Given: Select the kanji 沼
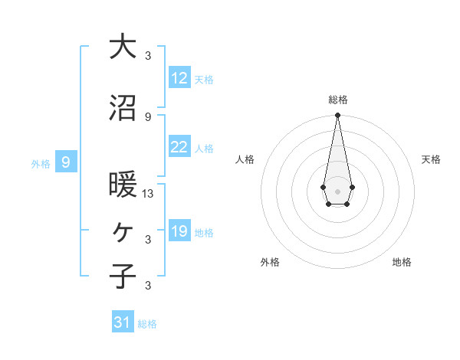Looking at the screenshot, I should coord(123,108).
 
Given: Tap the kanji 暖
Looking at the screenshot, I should coord(123,185).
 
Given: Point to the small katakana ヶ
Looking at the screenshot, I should coord(123,231).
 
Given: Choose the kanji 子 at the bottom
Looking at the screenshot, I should coord(123,276).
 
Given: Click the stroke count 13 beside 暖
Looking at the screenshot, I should coord(148,194).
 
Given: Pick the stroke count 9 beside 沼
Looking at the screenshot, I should coord(148,116).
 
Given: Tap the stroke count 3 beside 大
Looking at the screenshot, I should coord(148,55).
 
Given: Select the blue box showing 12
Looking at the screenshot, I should coord(179,78).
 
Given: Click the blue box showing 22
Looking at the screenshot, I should coord(179,147).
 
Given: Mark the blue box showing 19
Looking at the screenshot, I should coord(179,231).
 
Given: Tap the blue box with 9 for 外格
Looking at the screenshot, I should coord(67,162).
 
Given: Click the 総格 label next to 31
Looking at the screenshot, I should coord(147,324).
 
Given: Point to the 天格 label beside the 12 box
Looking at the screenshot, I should coord(204,80).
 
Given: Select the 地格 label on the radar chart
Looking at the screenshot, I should coord(402,262).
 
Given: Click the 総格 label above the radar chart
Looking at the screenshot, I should coord(337,100).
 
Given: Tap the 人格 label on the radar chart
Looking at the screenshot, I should coord(245,159).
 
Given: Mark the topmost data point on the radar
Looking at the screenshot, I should coord(337,115).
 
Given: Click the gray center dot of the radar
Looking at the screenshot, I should coord(337,190).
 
